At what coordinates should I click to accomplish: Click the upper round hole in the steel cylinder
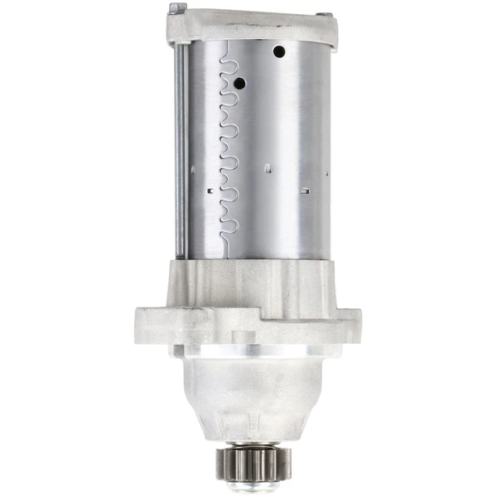pyautogui.click(x=279, y=51)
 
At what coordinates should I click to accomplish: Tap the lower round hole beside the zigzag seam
pyautogui.click(x=239, y=84)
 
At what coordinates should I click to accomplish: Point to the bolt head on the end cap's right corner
pyautogui.click(x=327, y=16)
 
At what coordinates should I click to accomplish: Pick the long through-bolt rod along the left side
pyautogui.click(x=180, y=149)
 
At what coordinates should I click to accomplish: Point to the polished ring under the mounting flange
pyautogui.click(x=248, y=351)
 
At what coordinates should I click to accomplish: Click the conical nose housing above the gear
pyautogui.click(x=248, y=398)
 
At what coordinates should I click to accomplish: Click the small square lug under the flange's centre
pyautogui.click(x=243, y=336)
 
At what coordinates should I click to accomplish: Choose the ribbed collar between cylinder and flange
pyautogui.click(x=248, y=282)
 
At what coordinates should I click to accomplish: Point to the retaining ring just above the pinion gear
pyautogui.click(x=248, y=442)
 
